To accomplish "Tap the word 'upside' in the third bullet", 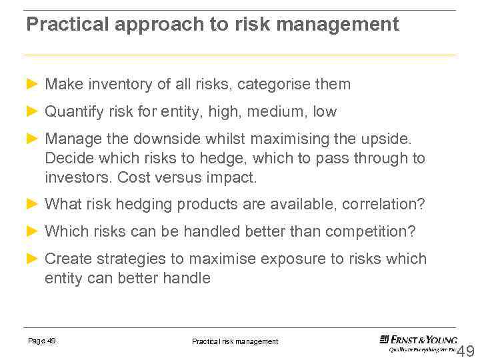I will click(x=387, y=139).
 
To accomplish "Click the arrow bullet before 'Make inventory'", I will click(x=32, y=84).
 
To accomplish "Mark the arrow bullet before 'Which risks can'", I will click(x=32, y=231).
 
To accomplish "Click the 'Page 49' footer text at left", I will click(x=41, y=341).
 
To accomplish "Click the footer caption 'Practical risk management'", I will click(x=235, y=341).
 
